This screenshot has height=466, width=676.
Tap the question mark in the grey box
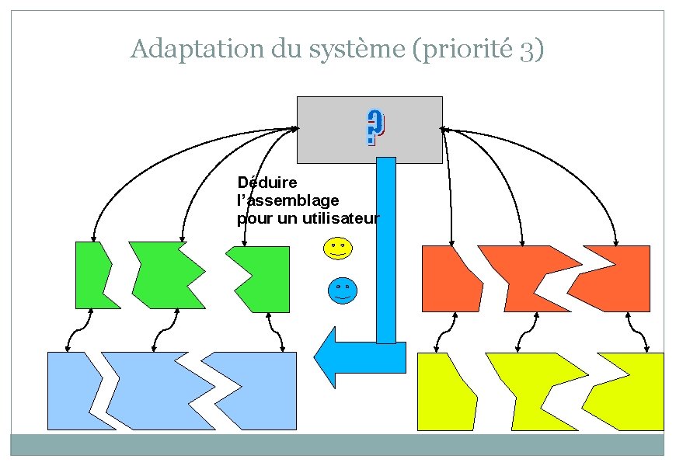click(375, 129)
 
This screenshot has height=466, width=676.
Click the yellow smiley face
click(336, 248)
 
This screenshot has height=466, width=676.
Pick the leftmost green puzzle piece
click(94, 275)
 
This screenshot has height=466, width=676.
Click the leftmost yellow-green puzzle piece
click(444, 391)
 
